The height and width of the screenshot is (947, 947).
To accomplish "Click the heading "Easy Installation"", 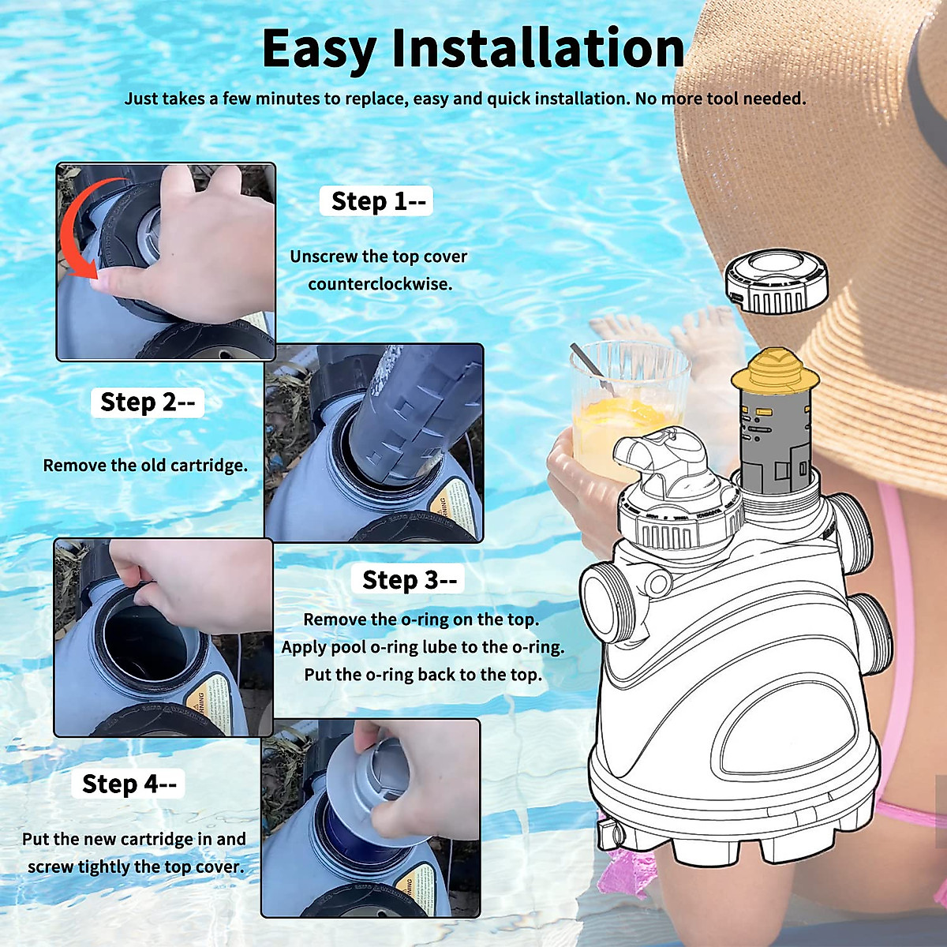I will pyautogui.click(x=473, y=49).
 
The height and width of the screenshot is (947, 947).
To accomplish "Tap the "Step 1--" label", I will pyautogui.click(x=376, y=201).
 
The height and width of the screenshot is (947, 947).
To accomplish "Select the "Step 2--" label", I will pyautogui.click(x=147, y=402).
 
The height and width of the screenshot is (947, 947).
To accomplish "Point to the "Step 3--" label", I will pyautogui.click(x=408, y=580).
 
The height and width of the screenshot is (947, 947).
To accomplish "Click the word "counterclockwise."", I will pyautogui.click(x=380, y=284).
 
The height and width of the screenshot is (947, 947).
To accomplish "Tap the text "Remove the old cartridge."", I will pyautogui.click(x=145, y=466).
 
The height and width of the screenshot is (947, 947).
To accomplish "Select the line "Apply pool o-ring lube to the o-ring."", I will pyautogui.click(x=423, y=647).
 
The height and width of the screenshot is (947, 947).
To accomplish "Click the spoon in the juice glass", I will pyautogui.click(x=592, y=367).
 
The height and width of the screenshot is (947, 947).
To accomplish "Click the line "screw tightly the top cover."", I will pyautogui.click(x=134, y=867).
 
